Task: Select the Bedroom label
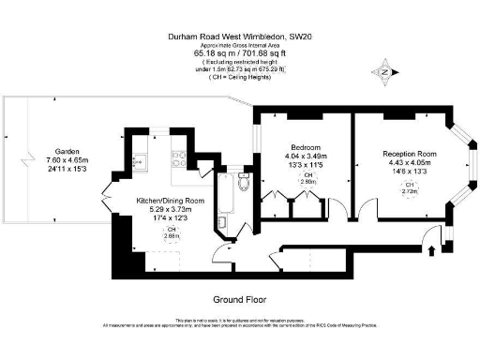point(307,148)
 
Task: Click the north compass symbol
point(383,70)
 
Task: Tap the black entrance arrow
point(430,248)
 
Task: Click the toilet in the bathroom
point(244,180)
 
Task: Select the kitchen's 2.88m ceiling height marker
point(170,233)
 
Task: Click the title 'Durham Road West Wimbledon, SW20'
point(240,37)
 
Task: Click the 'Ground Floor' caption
point(241,299)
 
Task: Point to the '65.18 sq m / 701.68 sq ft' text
point(240,53)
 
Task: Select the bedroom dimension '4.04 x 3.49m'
point(307,157)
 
